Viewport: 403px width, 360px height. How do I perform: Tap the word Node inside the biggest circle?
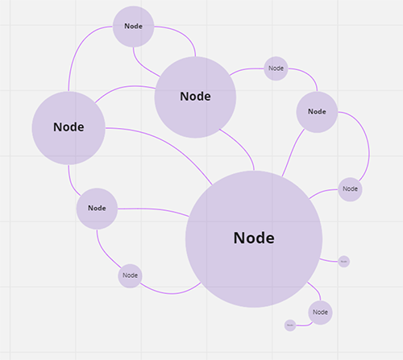click(254, 238)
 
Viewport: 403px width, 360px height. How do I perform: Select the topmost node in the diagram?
click(133, 26)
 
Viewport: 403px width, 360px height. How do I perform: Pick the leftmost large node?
click(69, 127)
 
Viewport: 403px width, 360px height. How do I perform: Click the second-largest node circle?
click(195, 97)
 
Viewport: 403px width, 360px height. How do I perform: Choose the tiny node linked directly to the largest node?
click(343, 261)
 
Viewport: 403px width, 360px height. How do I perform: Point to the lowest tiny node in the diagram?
click(290, 325)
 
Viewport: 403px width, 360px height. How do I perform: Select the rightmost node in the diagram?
click(350, 189)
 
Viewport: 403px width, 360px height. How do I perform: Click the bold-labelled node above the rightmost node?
click(317, 112)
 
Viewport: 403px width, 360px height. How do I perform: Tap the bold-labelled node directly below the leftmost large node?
click(97, 208)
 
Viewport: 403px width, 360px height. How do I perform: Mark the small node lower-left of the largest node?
click(130, 276)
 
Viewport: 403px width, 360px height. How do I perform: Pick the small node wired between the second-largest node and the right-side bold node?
click(276, 68)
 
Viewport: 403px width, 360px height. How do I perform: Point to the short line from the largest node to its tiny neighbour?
click(330, 259)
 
